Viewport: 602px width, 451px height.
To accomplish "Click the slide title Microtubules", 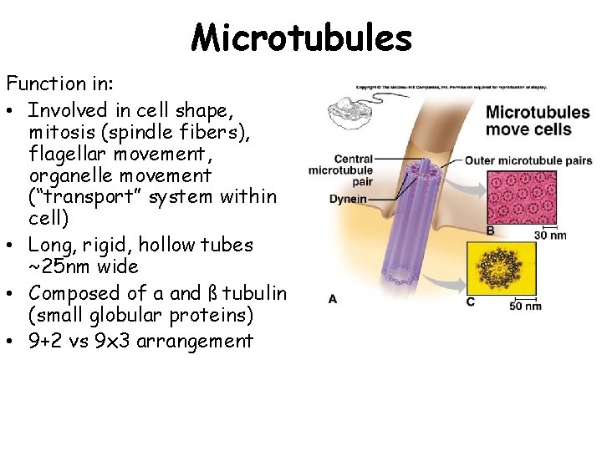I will [x=301, y=37].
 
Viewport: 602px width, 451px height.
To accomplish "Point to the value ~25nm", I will [x=55, y=266].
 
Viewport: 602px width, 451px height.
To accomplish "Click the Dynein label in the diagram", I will [x=348, y=200].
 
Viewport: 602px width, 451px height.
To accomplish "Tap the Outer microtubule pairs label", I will [x=528, y=160].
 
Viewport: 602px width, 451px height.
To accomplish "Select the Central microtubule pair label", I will [x=340, y=170].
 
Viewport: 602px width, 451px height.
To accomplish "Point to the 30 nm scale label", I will [x=549, y=235].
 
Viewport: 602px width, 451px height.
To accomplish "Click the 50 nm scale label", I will [x=525, y=306].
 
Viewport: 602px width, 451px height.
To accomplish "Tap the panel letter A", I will [x=333, y=298].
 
